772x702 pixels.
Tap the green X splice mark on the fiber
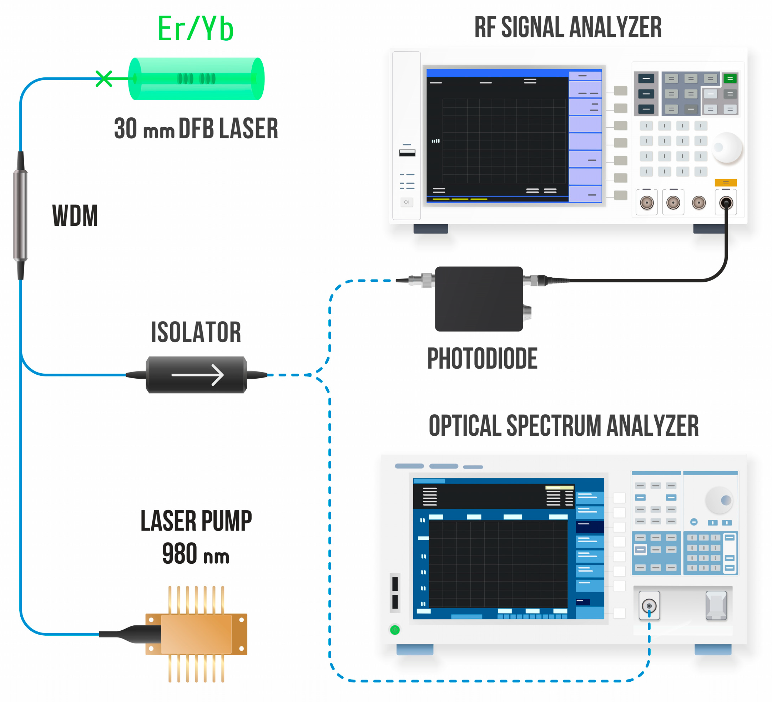click(x=104, y=79)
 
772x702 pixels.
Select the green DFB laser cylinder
click(x=196, y=79)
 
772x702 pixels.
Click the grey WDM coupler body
click(x=20, y=215)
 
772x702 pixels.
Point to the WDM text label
click(x=75, y=216)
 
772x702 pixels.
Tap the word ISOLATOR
click(x=196, y=332)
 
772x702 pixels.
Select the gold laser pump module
click(x=196, y=634)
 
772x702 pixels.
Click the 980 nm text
click(x=196, y=554)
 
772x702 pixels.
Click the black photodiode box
click(x=479, y=299)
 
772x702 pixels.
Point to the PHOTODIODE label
click(x=482, y=358)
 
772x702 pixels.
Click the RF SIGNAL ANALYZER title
click(x=568, y=27)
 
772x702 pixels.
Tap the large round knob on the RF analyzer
click(x=727, y=148)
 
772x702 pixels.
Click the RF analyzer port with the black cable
click(x=726, y=203)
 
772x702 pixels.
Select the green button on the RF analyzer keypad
click(x=730, y=78)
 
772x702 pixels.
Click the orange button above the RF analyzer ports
click(x=726, y=183)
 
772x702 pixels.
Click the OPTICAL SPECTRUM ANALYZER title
click(x=564, y=425)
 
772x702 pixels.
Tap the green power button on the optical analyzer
click(x=395, y=630)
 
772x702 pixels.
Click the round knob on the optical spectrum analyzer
click(x=719, y=500)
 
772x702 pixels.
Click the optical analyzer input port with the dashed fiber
click(x=649, y=606)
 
